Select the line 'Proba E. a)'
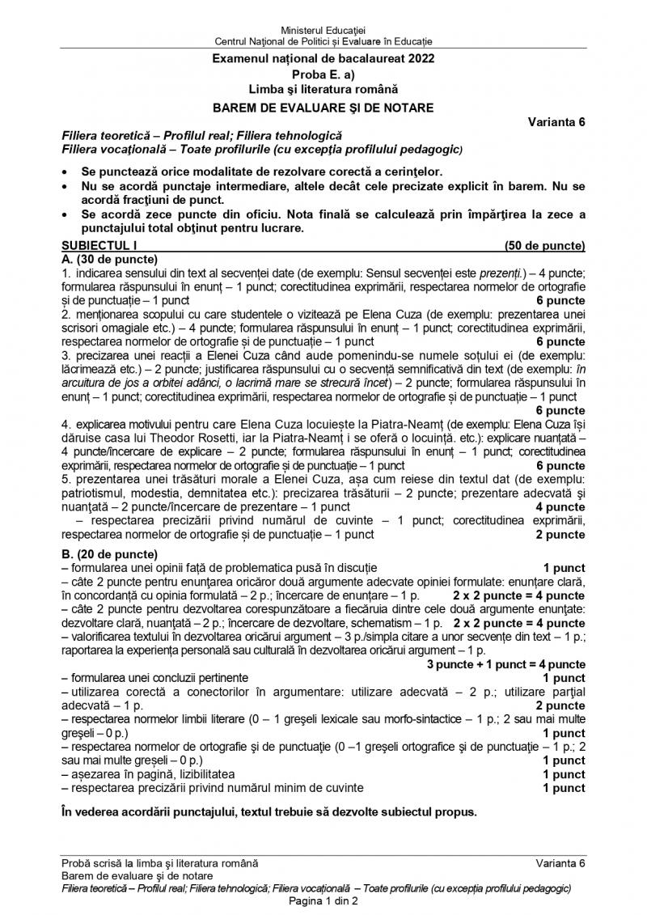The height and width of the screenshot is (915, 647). coord(323,75)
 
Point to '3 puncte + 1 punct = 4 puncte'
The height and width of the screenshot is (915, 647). coord(506,664)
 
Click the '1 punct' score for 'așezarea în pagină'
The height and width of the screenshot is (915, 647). coord(564,774)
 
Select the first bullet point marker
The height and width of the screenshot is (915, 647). coord(65,172)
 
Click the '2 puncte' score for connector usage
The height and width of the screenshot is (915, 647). coord(560,705)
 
